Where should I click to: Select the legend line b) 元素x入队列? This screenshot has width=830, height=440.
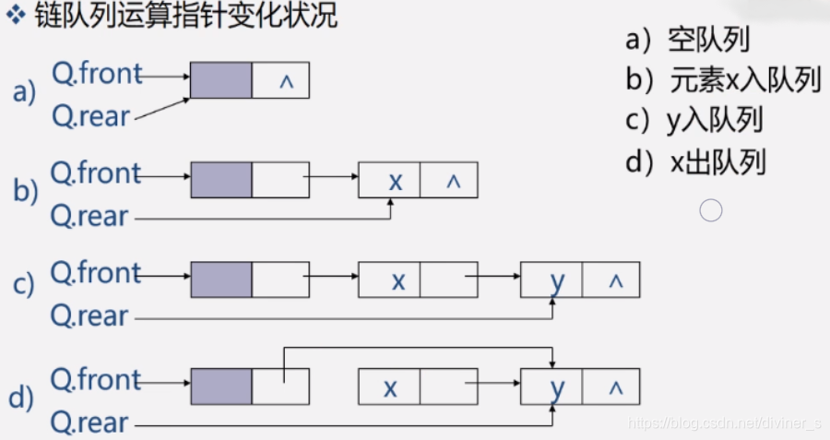click(x=723, y=81)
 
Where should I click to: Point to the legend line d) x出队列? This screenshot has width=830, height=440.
click(x=695, y=163)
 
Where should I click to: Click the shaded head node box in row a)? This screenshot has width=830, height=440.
click(x=221, y=80)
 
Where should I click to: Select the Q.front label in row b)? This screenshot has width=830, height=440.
click(x=96, y=172)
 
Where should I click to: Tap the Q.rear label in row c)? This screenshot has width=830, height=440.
click(x=89, y=316)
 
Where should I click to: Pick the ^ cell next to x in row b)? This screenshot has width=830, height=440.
click(x=451, y=181)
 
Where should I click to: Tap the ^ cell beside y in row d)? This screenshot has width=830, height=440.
click(x=611, y=387)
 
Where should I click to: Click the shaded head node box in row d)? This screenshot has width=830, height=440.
click(x=221, y=387)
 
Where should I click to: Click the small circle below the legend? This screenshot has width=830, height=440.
click(x=710, y=211)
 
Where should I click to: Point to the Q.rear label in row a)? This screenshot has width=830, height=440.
click(x=89, y=115)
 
